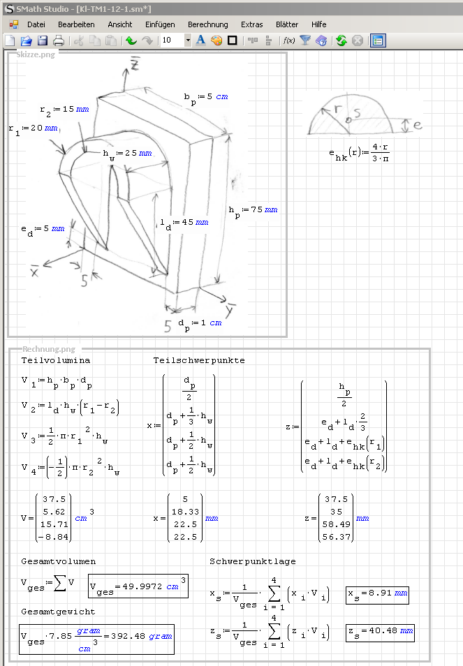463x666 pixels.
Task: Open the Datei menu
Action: tap(36, 24)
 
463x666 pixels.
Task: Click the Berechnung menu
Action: tap(207, 24)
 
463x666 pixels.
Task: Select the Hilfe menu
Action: tap(318, 24)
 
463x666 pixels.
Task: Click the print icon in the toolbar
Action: tap(59, 40)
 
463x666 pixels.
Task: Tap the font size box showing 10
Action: tap(171, 40)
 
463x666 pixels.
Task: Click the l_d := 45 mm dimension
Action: tap(183, 223)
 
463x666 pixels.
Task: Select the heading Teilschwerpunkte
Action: tap(199, 360)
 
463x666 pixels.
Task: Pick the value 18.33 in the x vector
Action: tap(185, 512)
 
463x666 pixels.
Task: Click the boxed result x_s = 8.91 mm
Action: tap(377, 595)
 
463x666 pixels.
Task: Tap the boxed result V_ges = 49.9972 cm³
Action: tap(138, 586)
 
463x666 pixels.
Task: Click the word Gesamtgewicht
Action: tap(58, 612)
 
